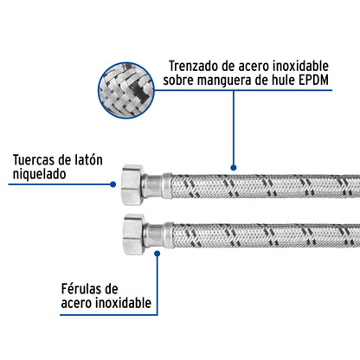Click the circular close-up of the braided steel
(x=129, y=90)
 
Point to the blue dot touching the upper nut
(x=114, y=183)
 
